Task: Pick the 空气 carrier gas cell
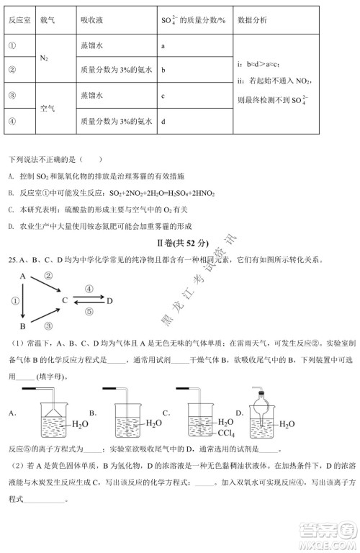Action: (50, 108)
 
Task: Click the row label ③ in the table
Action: (13, 95)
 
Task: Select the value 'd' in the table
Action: (165, 121)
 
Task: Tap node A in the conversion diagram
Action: (23, 276)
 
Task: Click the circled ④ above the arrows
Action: (88, 288)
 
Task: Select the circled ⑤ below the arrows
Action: (88, 311)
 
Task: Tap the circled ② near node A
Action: (48, 274)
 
